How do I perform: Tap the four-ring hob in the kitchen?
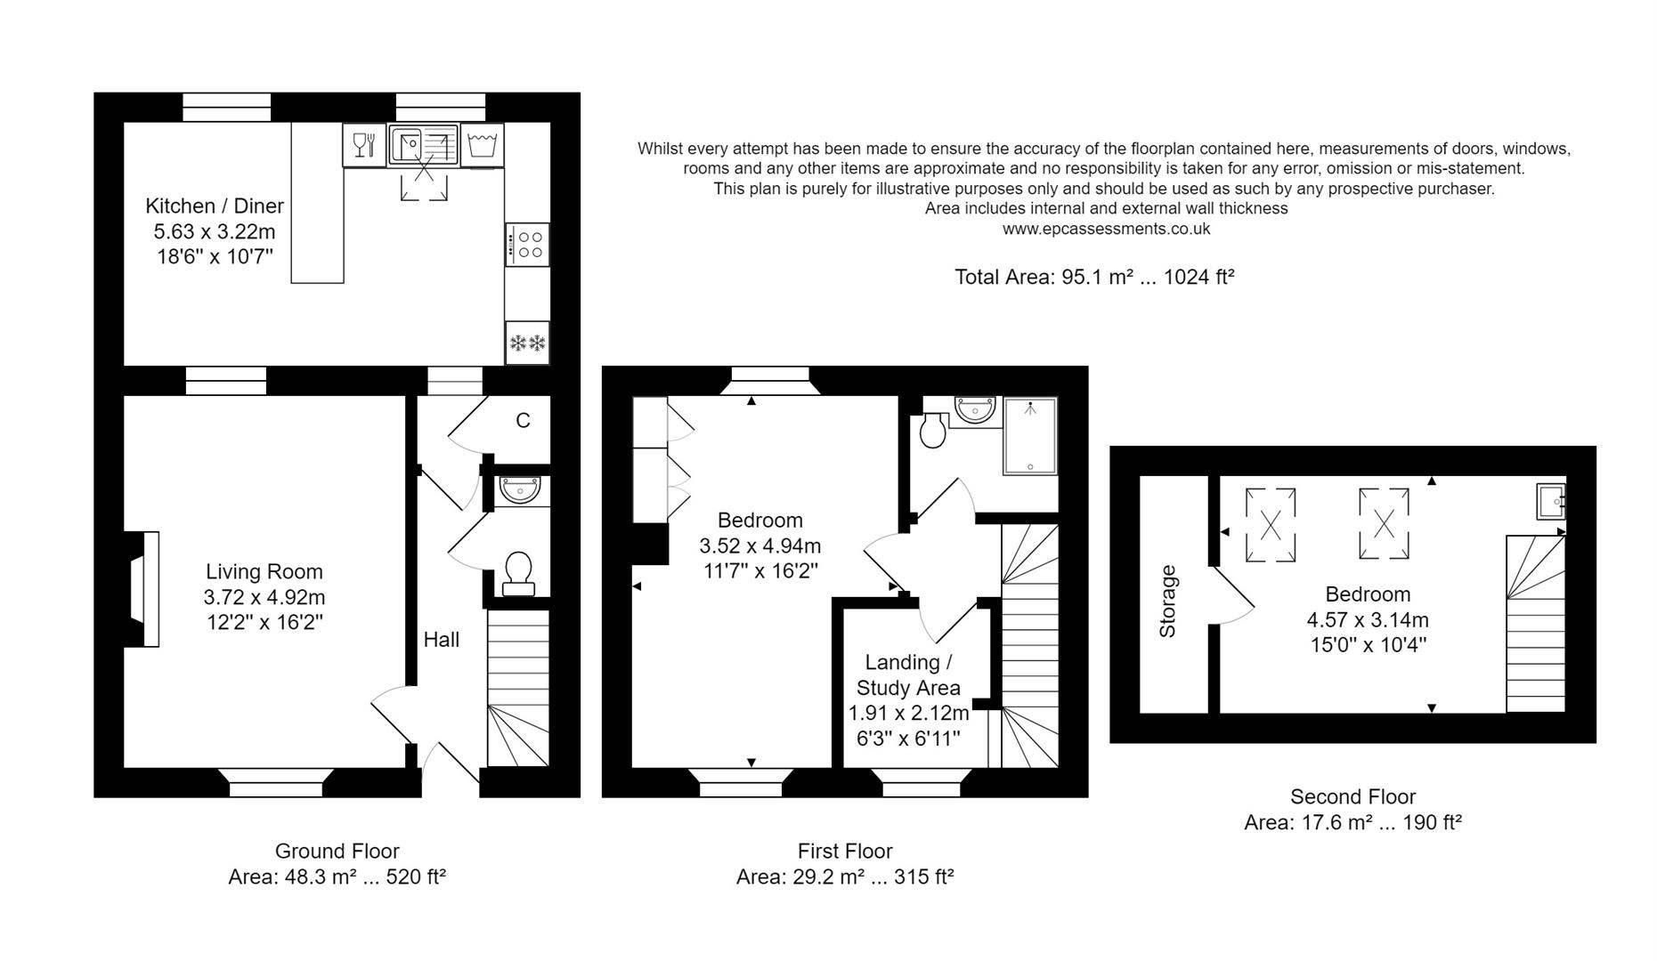(x=527, y=245)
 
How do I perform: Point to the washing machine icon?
(x=482, y=144)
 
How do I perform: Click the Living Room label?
(x=264, y=572)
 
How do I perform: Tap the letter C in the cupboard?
(x=523, y=421)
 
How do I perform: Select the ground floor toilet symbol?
(x=518, y=572)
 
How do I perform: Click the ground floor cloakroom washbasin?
(x=520, y=489)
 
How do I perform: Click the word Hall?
(x=442, y=640)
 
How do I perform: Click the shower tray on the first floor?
(x=1030, y=435)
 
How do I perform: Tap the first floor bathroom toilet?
(x=933, y=430)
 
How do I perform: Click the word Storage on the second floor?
(x=1167, y=602)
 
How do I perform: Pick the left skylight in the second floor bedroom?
(x=1271, y=525)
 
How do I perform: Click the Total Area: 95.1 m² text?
(x=1094, y=277)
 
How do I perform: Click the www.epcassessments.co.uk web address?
(x=1106, y=229)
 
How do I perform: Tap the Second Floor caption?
(x=1352, y=797)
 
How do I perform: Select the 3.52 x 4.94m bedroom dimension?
(x=760, y=545)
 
